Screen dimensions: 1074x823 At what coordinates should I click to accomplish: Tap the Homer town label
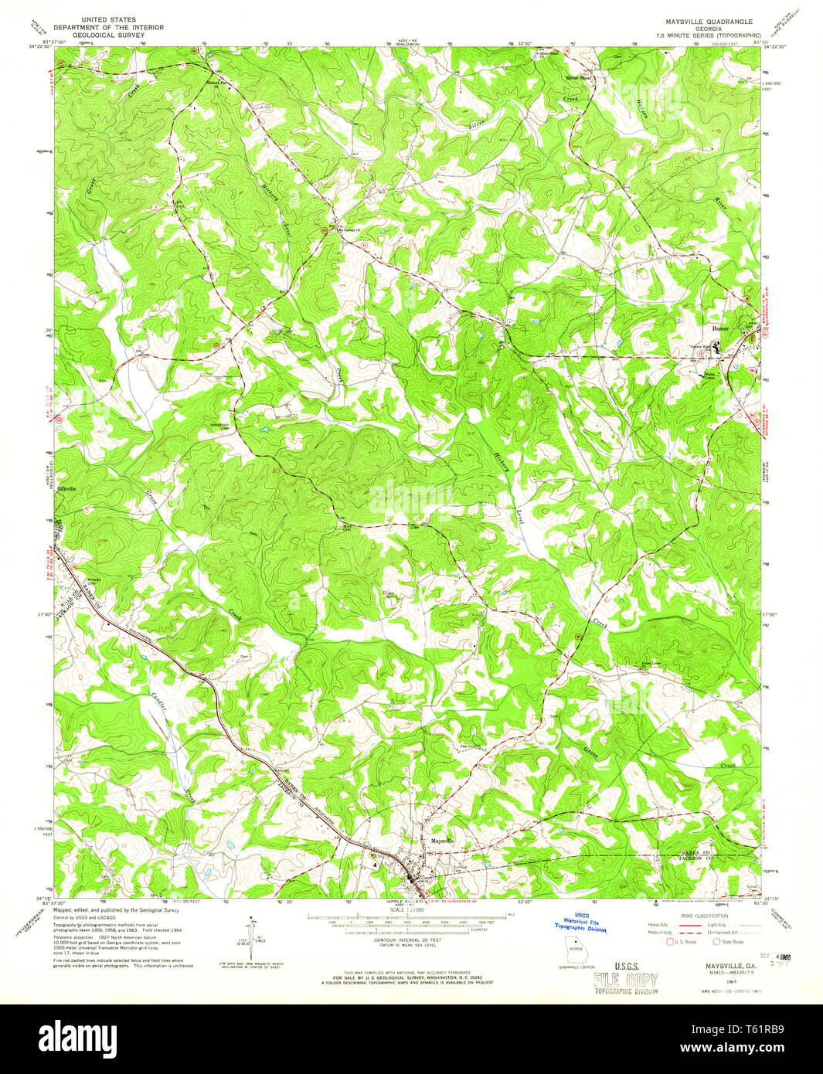point(720,328)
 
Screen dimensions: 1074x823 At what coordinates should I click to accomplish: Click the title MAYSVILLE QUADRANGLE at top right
point(698,22)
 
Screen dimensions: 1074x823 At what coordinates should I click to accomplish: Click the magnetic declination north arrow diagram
point(251,938)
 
